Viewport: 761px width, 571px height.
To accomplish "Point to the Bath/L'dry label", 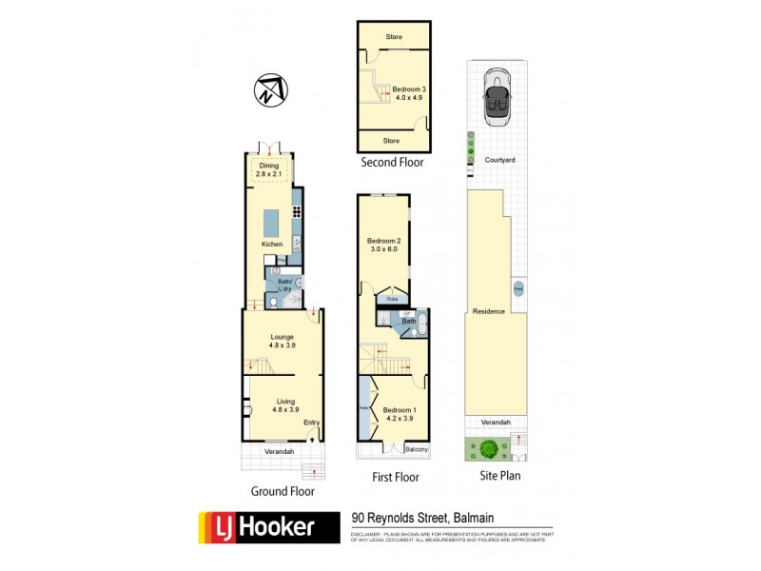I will [x=283, y=285].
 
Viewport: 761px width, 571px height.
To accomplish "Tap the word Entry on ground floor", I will [x=311, y=423].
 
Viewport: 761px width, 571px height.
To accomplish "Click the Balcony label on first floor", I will [x=416, y=449].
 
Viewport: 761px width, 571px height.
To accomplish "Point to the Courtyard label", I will [x=499, y=160].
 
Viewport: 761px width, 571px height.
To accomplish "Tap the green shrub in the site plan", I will [x=489, y=447].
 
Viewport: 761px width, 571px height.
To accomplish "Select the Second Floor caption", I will [x=392, y=164].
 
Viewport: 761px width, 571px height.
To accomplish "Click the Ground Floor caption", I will [x=282, y=492].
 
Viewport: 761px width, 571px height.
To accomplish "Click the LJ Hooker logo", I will [x=268, y=526].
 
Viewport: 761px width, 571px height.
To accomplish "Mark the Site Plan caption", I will [x=496, y=475].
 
